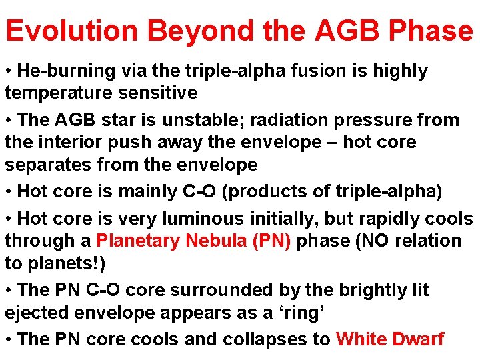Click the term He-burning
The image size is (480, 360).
[x=57, y=71]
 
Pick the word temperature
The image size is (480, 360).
[x=54, y=92]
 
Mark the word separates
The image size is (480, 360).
[x=47, y=164]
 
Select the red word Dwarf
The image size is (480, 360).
[x=416, y=339]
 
